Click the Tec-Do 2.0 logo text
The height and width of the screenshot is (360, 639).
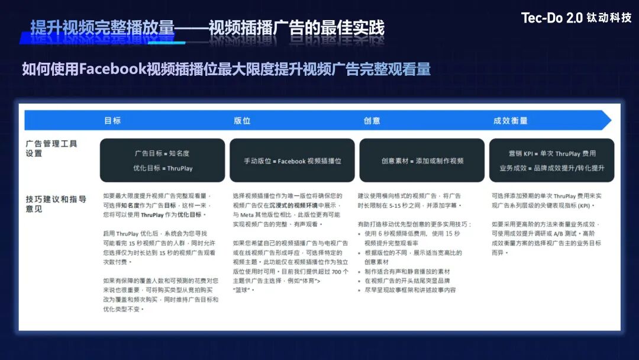pos(551,18)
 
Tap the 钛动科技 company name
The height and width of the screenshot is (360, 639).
pos(609,18)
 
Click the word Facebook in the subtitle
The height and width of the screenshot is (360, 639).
pos(112,69)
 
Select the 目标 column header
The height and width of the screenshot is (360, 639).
pos(112,120)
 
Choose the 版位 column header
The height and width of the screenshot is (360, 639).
pos(242,120)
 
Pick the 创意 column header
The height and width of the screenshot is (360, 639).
pos(372,120)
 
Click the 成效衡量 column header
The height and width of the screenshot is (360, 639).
pos(510,120)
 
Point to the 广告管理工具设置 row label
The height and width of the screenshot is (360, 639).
pos(51,149)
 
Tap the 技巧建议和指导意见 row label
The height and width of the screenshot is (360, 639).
pos(56,204)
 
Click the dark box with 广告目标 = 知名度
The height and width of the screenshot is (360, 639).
pos(162,160)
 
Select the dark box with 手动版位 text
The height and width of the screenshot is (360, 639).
pos(292,160)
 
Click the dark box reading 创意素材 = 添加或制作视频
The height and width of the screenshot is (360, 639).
pos(422,160)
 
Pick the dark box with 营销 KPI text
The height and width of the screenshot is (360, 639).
pos(551,160)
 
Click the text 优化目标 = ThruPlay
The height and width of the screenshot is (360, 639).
pos(163,168)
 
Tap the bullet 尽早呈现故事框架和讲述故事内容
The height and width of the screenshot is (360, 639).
pos(410,290)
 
